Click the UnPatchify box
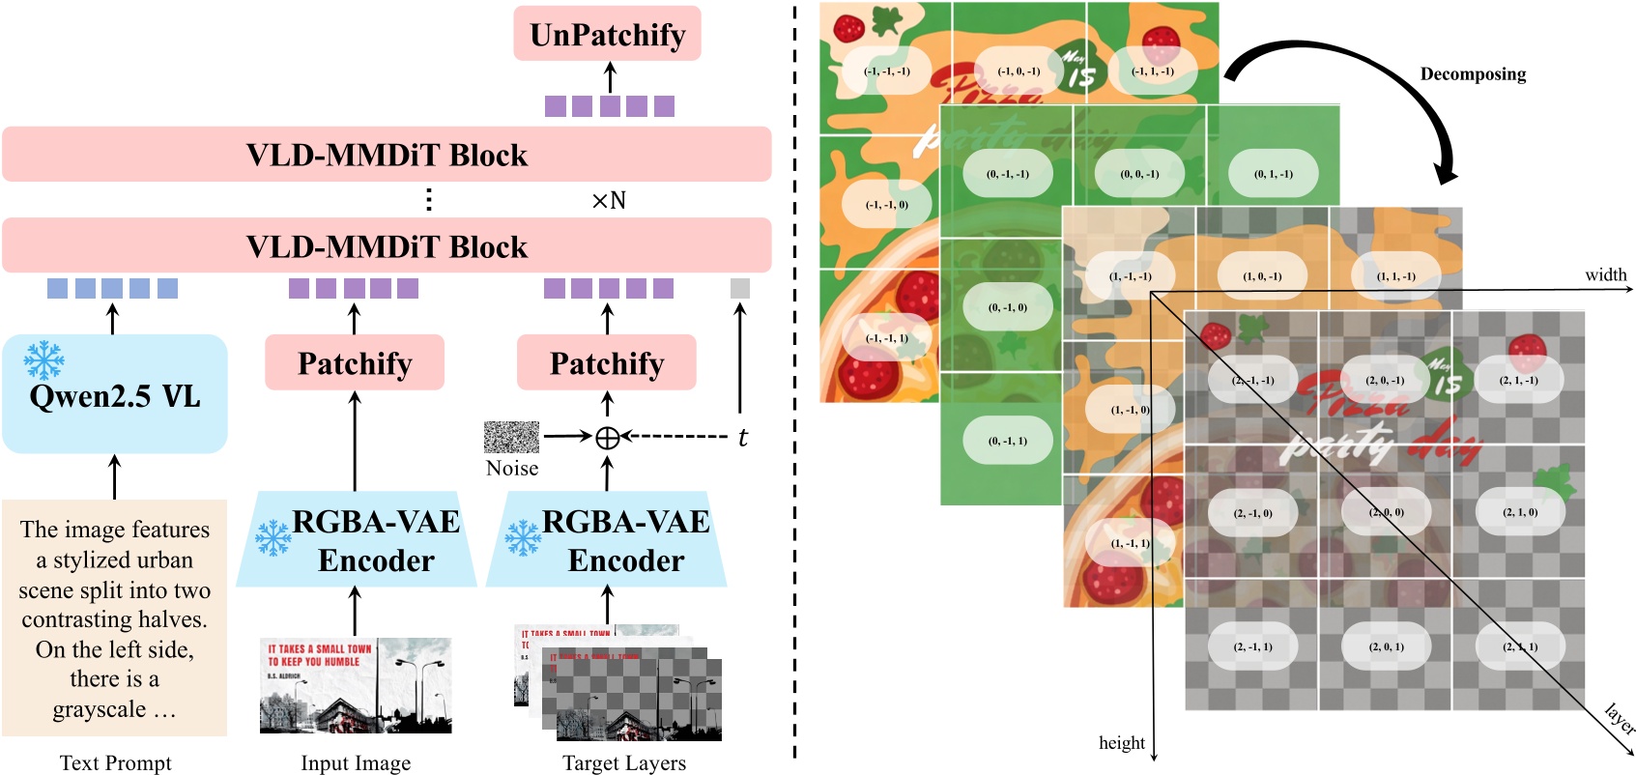pos(607,35)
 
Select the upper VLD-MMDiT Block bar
pos(387,155)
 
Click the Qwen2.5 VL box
pos(114,394)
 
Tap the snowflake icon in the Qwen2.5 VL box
pos(43,360)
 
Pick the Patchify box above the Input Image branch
pos(355,363)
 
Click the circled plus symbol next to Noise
pos(607,438)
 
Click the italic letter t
pos(742,438)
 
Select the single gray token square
pos(739,288)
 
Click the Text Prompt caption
pos(115,762)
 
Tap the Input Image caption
pos(355,762)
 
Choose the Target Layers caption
pos(624,762)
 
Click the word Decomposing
pos(1473,74)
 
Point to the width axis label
pos(1605,275)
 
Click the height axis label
pos(1121,742)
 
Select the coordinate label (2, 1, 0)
pos(1520,512)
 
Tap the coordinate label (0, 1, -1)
pos(1273,174)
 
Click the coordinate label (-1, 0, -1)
pos(1019,72)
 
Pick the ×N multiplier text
pos(609,201)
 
